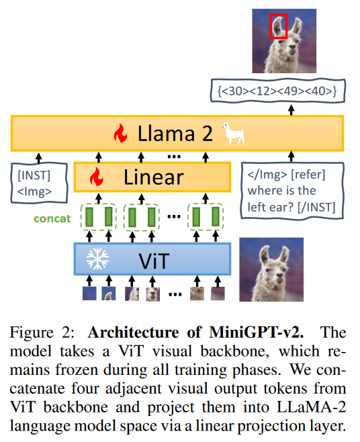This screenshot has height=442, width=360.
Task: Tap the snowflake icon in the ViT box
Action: [97, 259]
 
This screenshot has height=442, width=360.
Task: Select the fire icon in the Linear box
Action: [97, 177]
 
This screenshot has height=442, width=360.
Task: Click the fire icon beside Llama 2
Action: [120, 133]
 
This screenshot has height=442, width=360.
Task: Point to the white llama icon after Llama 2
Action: [233, 133]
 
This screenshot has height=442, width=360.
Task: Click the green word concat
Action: [52, 218]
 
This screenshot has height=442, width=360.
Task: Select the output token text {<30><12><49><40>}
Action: [277, 91]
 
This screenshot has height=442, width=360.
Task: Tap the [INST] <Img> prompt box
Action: [39, 183]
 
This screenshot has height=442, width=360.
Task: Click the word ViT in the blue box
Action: [154, 261]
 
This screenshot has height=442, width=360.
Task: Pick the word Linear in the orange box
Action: [154, 177]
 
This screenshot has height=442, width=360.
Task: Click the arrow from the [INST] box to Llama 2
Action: [39, 158]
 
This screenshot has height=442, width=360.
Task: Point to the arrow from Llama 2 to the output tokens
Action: [291, 110]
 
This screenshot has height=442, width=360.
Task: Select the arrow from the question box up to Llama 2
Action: [291, 157]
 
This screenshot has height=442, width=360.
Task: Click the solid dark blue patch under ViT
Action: [89, 294]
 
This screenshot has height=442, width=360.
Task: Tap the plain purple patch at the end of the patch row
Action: [218, 294]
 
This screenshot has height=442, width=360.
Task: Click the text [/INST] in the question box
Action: [316, 208]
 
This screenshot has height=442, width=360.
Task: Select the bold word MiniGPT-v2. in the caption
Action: [257, 333]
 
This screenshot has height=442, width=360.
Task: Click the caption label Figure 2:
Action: [42, 333]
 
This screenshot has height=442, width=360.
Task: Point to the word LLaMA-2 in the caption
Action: [311, 407]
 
